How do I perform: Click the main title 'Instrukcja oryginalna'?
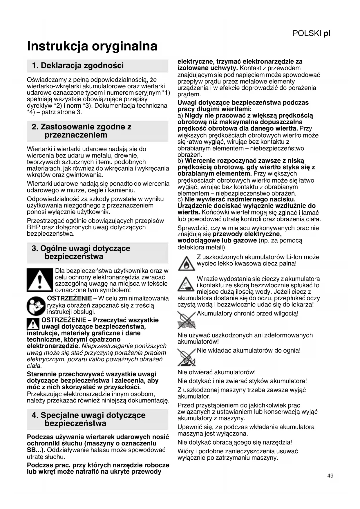[x=92, y=46]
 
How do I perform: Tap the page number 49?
[x=330, y=476]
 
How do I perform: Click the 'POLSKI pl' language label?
[x=311, y=33]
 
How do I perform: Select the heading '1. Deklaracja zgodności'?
[x=78, y=66]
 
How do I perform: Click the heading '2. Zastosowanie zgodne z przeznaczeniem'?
[x=82, y=131]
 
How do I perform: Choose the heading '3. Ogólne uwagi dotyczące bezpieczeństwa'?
[x=81, y=252]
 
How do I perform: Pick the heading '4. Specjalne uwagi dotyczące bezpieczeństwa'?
[x=88, y=419]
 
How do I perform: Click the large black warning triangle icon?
[x=40, y=280]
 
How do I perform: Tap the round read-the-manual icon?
[x=36, y=306]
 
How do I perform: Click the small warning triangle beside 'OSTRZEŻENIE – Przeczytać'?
[x=33, y=324]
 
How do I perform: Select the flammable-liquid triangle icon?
[x=186, y=262]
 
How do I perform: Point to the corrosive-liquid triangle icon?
[x=186, y=284]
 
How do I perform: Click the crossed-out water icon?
[x=186, y=320]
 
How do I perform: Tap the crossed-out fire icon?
[x=186, y=357]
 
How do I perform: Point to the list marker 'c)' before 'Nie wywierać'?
[x=180, y=200]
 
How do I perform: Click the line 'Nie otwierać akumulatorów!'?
[x=216, y=372]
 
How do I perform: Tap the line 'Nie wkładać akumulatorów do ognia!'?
[x=249, y=351]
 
